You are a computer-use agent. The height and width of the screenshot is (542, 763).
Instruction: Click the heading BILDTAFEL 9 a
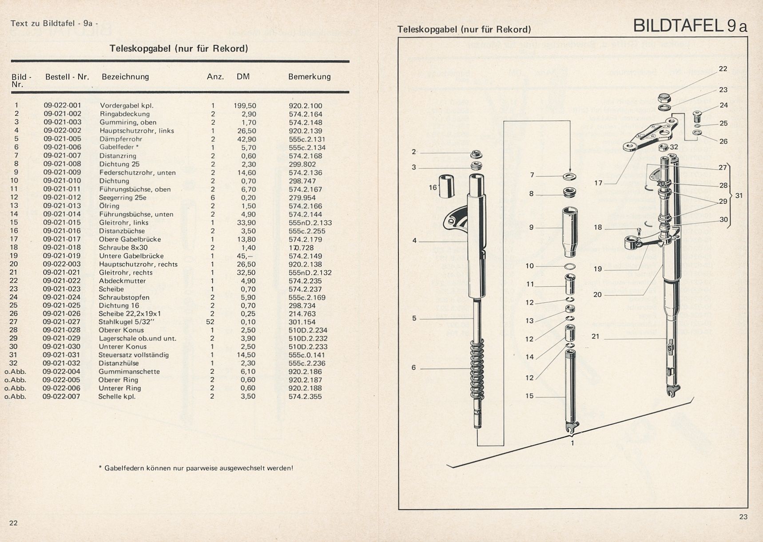pyautogui.click(x=690, y=26)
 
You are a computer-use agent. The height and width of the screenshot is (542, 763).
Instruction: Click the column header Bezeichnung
pyautogui.click(x=125, y=77)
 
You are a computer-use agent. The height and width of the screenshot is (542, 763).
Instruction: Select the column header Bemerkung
pyautogui.click(x=310, y=77)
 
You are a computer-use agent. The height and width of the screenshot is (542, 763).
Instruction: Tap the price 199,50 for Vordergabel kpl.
pyautogui.click(x=245, y=106)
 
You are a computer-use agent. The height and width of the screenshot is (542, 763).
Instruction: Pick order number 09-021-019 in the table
pyautogui.click(x=62, y=256)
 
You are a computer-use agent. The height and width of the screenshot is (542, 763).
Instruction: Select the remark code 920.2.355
pyautogui.click(x=306, y=396)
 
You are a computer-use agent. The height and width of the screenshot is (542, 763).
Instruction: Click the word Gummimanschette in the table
pyautogui.click(x=129, y=372)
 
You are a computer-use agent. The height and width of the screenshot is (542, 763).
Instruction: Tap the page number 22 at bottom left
pyautogui.click(x=14, y=523)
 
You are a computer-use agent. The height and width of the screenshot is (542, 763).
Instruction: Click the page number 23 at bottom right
pyautogui.click(x=743, y=517)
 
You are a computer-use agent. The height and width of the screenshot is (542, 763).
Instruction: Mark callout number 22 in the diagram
pyautogui.click(x=723, y=69)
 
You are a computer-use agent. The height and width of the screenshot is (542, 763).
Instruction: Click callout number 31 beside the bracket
pyautogui.click(x=739, y=196)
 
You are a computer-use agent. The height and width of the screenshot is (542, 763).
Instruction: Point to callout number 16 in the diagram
pyautogui.click(x=433, y=188)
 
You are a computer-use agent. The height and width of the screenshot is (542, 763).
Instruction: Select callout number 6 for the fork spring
pyautogui.click(x=414, y=368)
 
